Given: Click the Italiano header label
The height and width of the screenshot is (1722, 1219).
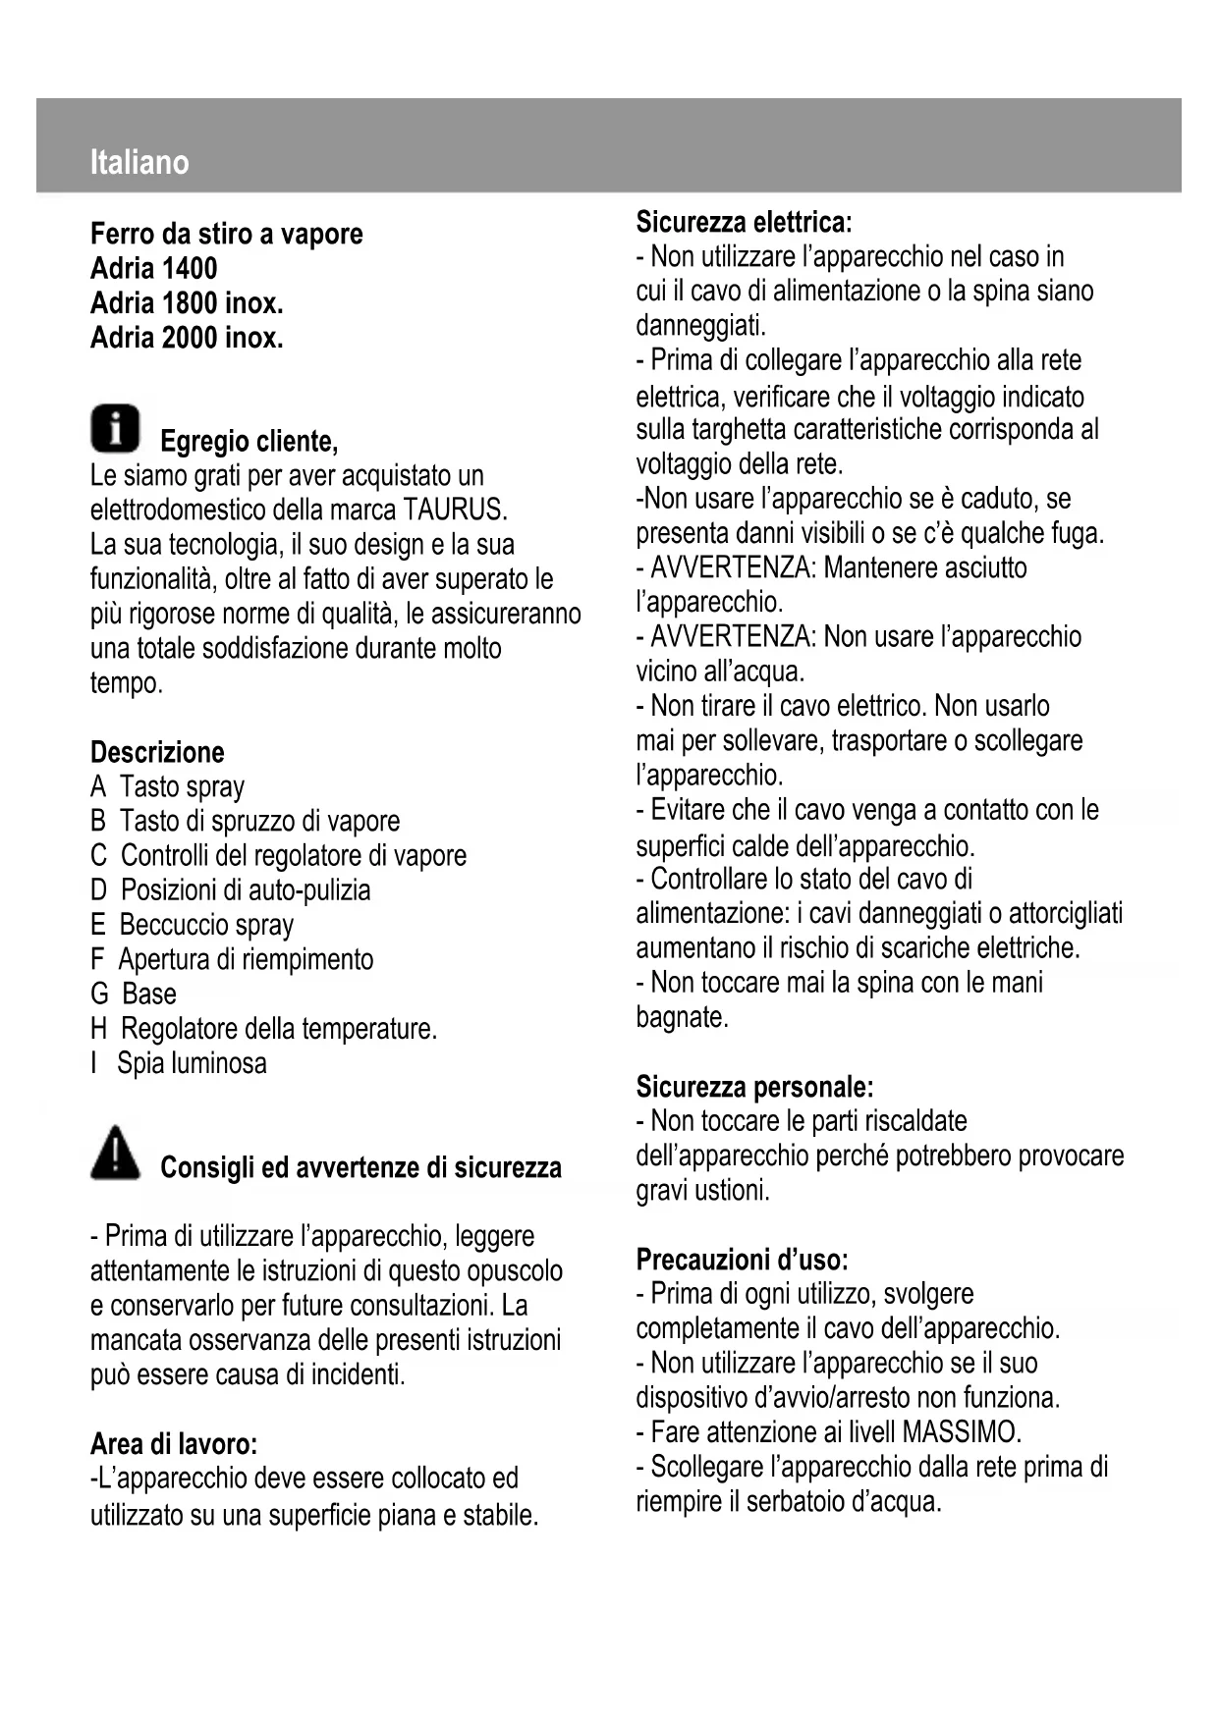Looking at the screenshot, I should [x=139, y=162].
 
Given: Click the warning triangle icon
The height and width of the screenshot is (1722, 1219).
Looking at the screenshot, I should [x=116, y=1153].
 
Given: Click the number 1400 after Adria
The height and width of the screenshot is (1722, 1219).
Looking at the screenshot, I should [x=190, y=268].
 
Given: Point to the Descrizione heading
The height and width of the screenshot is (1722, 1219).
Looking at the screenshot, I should [x=157, y=752].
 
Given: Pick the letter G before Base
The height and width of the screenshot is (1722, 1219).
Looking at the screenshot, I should [x=99, y=994].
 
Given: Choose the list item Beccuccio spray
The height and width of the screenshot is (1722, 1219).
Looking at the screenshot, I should [x=206, y=925].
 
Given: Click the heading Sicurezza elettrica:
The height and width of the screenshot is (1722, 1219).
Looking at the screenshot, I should [x=744, y=222].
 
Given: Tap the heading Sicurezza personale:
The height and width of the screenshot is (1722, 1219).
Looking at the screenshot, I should [x=754, y=1087].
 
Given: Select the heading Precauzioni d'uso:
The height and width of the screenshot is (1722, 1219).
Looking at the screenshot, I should [x=742, y=1260].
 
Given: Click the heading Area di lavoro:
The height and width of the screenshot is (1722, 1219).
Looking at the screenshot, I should [x=174, y=1444].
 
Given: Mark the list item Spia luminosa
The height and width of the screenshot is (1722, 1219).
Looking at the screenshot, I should [x=192, y=1063].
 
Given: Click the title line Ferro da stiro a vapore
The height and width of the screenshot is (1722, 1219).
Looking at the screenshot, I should [x=226, y=234].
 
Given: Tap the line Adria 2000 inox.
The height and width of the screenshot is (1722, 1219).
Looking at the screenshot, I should [x=187, y=338].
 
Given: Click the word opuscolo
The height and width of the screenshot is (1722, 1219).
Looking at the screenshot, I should [x=514, y=1271].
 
